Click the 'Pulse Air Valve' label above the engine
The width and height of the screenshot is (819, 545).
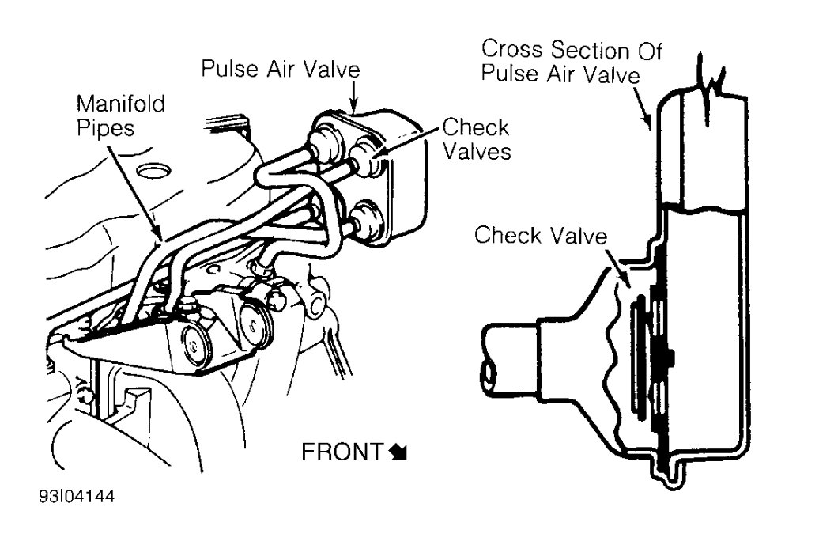(x=281, y=70)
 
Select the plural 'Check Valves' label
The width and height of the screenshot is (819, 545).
(x=476, y=138)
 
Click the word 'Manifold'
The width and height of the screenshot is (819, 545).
(x=121, y=104)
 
